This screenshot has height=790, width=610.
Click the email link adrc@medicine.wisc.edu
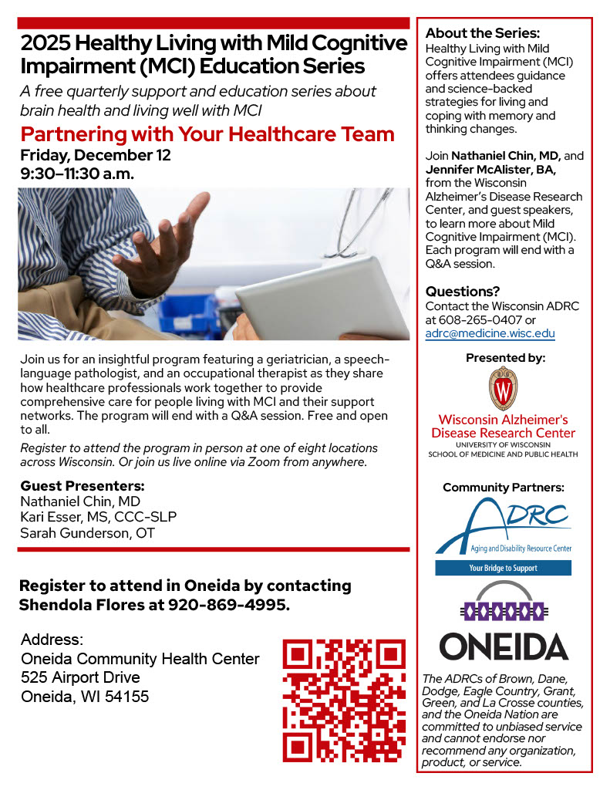click(x=490, y=334)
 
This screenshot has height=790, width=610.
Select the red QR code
click(x=344, y=699)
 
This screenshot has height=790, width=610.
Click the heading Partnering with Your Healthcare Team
click(x=207, y=134)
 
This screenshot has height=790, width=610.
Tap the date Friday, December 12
click(x=96, y=155)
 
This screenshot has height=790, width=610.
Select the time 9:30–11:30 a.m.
click(x=77, y=174)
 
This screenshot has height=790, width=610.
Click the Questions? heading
click(x=463, y=291)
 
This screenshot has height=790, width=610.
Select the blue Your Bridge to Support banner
click(x=504, y=569)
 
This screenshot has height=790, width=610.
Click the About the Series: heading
click(x=483, y=33)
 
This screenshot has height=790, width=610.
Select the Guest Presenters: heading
click(x=83, y=486)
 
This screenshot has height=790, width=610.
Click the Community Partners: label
click(x=504, y=488)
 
